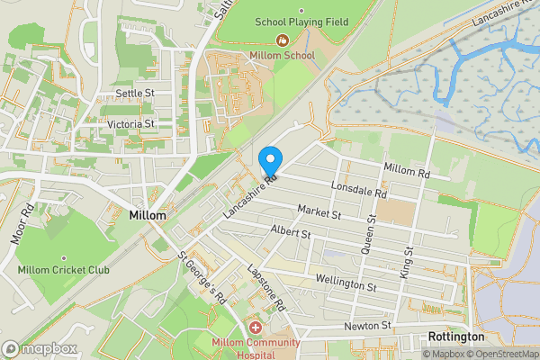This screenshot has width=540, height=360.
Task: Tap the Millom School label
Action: click(x=283, y=56)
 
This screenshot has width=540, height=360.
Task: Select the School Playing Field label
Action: click(x=301, y=22)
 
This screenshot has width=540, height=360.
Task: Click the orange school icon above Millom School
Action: click(x=283, y=40)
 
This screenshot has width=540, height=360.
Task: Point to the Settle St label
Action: click(x=136, y=93)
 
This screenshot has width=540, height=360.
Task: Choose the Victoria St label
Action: click(x=131, y=123)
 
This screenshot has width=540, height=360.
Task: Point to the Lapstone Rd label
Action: click(x=265, y=287)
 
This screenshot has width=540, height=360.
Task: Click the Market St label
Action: click(x=319, y=213)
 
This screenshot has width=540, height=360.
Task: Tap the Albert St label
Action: click(x=290, y=233)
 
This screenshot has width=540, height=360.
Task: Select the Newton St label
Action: click(x=367, y=325)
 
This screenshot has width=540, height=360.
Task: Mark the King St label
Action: click(x=407, y=261)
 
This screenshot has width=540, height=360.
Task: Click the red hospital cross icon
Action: click(x=255, y=328)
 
